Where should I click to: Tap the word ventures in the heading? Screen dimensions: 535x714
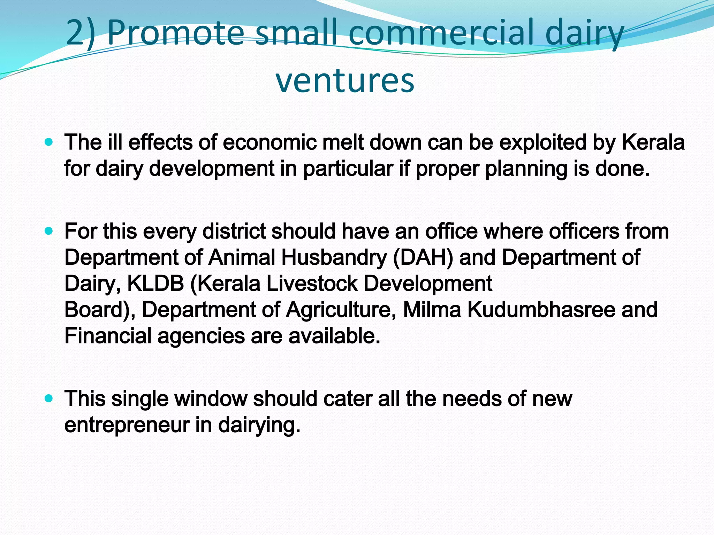[x=345, y=80]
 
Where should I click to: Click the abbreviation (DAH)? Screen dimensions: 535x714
[x=423, y=257]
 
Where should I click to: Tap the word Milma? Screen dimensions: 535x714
[x=432, y=310]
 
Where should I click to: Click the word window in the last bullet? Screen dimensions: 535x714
[x=211, y=398]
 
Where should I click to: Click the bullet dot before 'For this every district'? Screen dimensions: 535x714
[x=49, y=231]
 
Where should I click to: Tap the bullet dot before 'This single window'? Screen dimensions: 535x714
[x=49, y=398]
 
